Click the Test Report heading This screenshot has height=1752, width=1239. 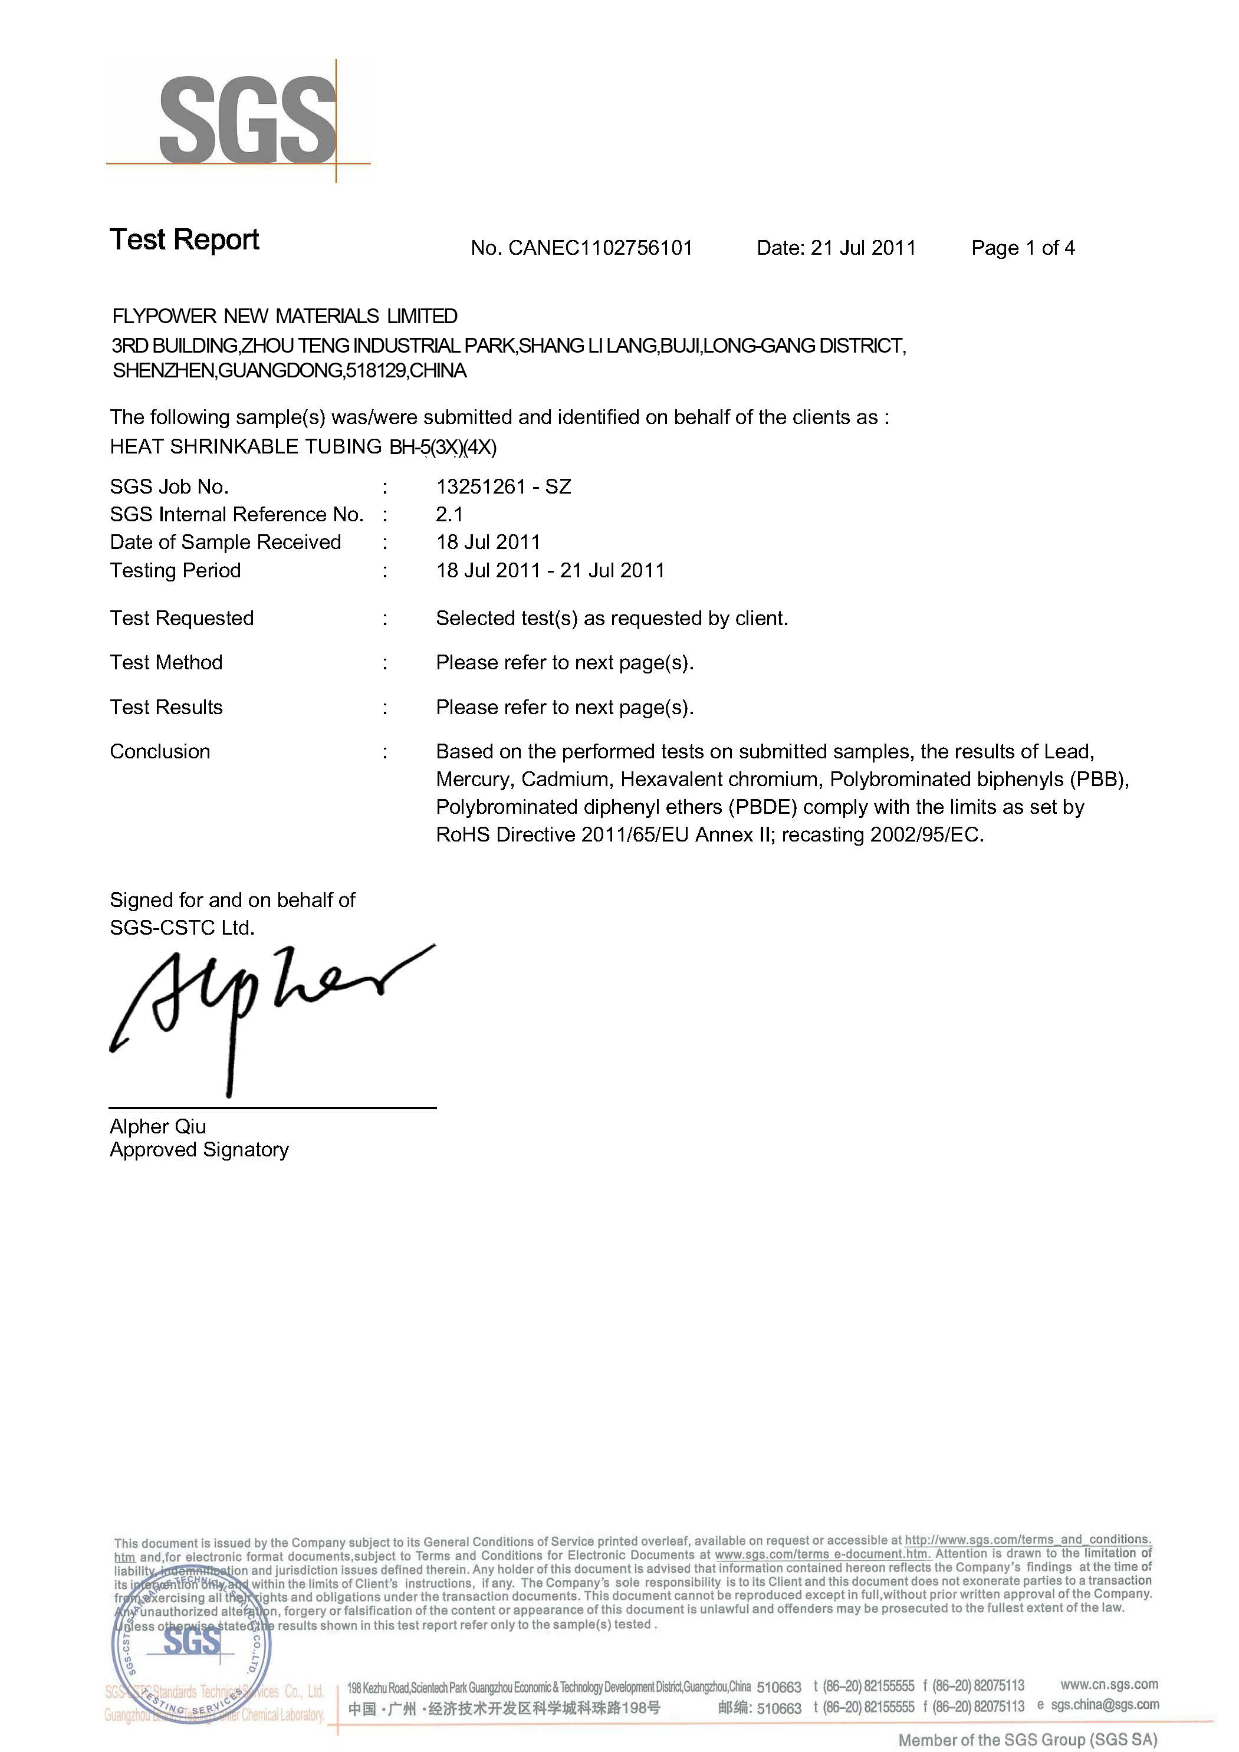coord(184,239)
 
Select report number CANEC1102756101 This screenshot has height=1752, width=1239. coord(600,248)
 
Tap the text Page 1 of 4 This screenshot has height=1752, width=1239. coord(1023,248)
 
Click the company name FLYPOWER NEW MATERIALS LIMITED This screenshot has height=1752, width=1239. coord(285,316)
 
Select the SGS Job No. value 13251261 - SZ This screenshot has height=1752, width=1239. coord(504,487)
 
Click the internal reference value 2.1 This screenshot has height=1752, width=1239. coord(449,514)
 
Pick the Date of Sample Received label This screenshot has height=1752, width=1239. coord(225,543)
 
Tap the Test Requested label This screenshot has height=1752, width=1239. coord(182,618)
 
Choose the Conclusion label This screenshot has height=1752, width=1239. coord(159,752)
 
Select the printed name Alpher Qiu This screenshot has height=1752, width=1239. coord(158,1126)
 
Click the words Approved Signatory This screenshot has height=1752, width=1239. coord(199,1150)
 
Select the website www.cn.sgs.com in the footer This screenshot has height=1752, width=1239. coord(1109,1684)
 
